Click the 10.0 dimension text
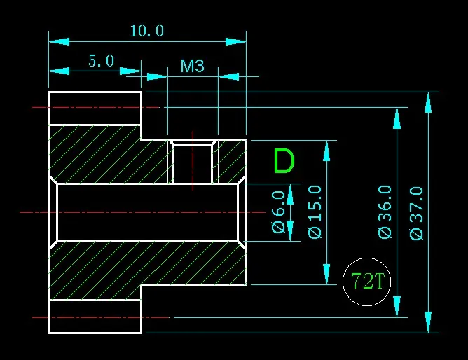click(x=147, y=31)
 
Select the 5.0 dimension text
click(x=101, y=61)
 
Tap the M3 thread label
click(x=192, y=67)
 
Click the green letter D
click(x=284, y=162)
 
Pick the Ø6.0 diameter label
click(x=278, y=212)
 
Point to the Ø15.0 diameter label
click(x=315, y=212)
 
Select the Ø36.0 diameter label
click(x=385, y=212)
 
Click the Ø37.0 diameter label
click(x=417, y=213)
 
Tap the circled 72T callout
click(x=368, y=282)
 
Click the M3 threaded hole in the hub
click(x=193, y=163)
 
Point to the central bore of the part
click(x=147, y=212)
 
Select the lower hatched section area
click(x=140, y=263)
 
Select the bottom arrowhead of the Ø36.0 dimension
click(x=397, y=307)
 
